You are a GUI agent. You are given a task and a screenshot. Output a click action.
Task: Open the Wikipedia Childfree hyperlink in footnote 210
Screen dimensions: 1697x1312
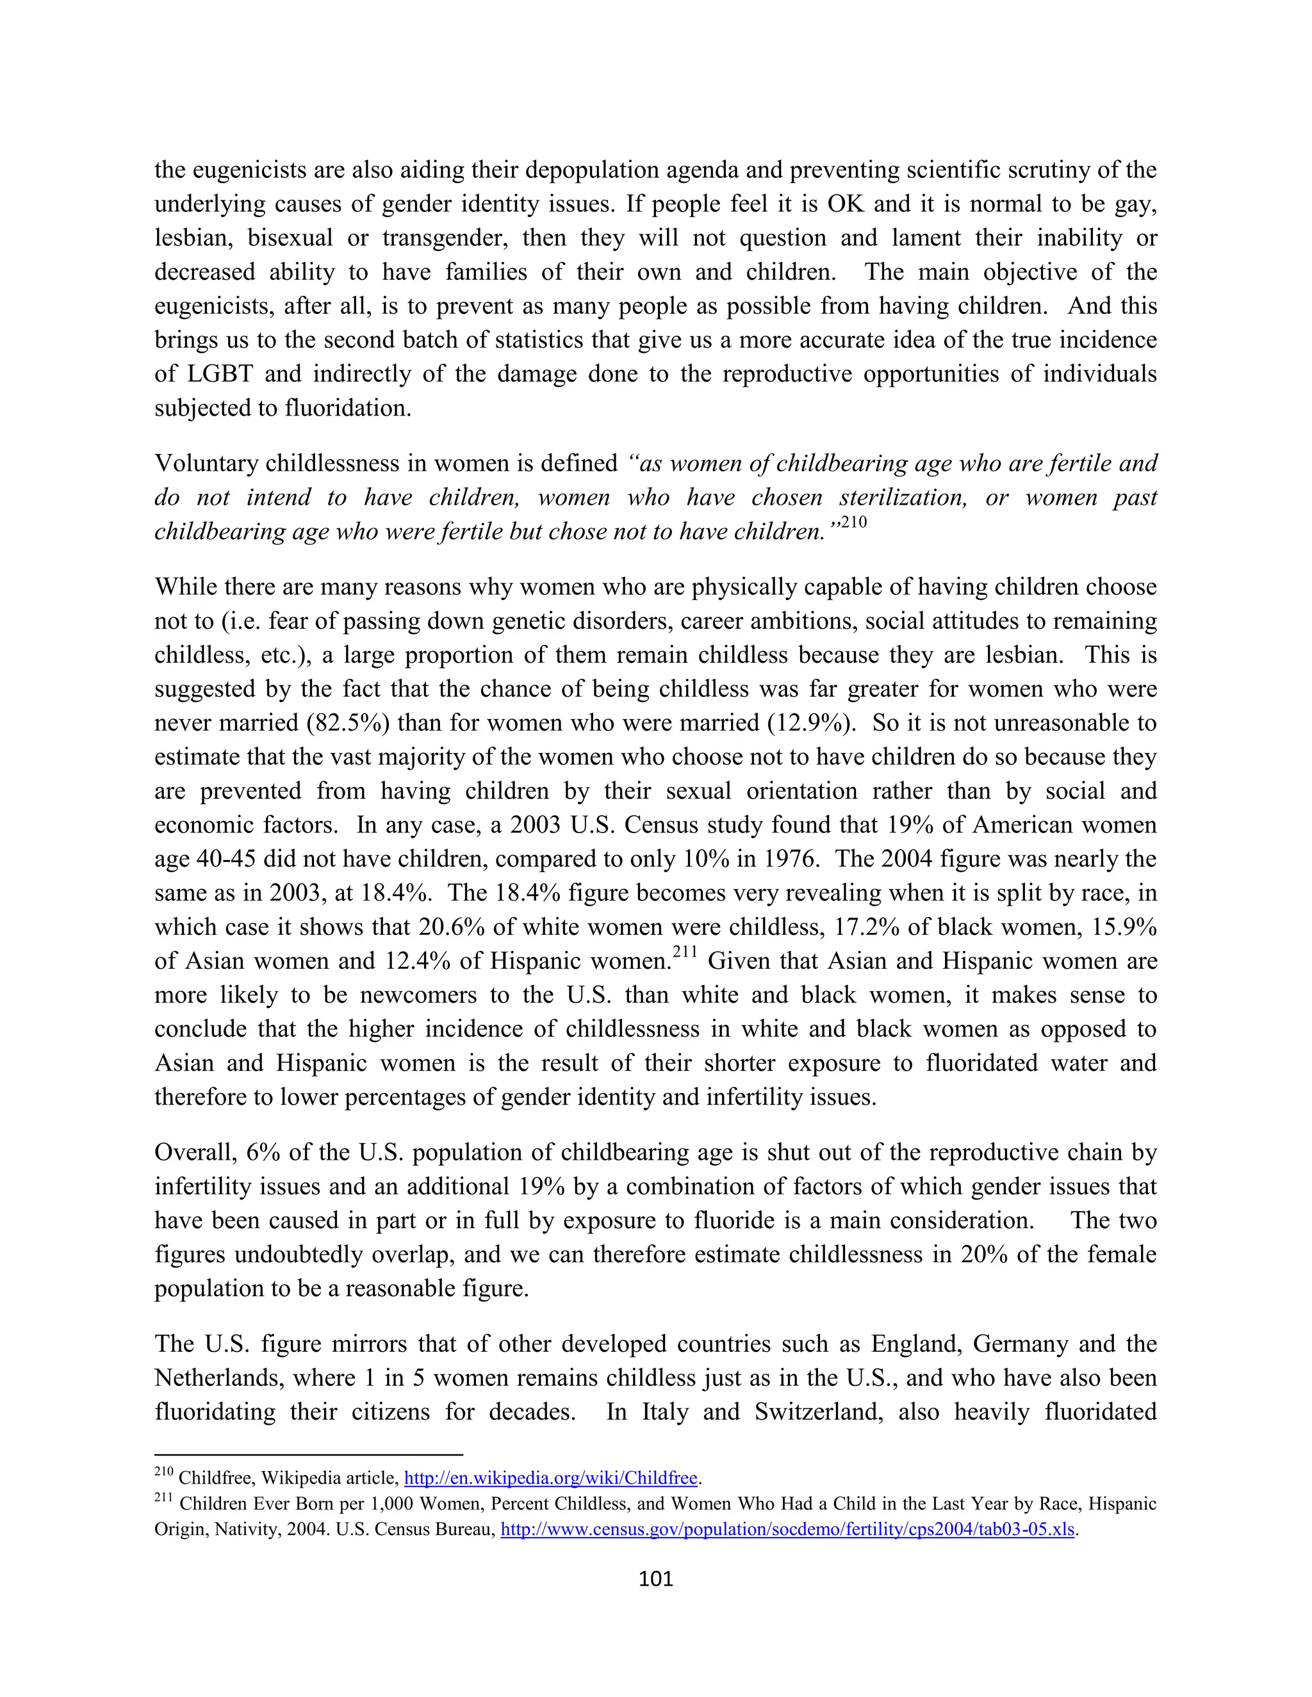[551, 1478]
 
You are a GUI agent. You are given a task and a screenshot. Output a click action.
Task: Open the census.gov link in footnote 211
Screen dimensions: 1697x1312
[787, 1530]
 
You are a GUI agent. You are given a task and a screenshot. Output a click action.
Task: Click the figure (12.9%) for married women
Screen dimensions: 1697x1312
[812, 724]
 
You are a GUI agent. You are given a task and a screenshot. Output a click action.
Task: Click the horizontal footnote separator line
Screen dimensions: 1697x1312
[309, 1454]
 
